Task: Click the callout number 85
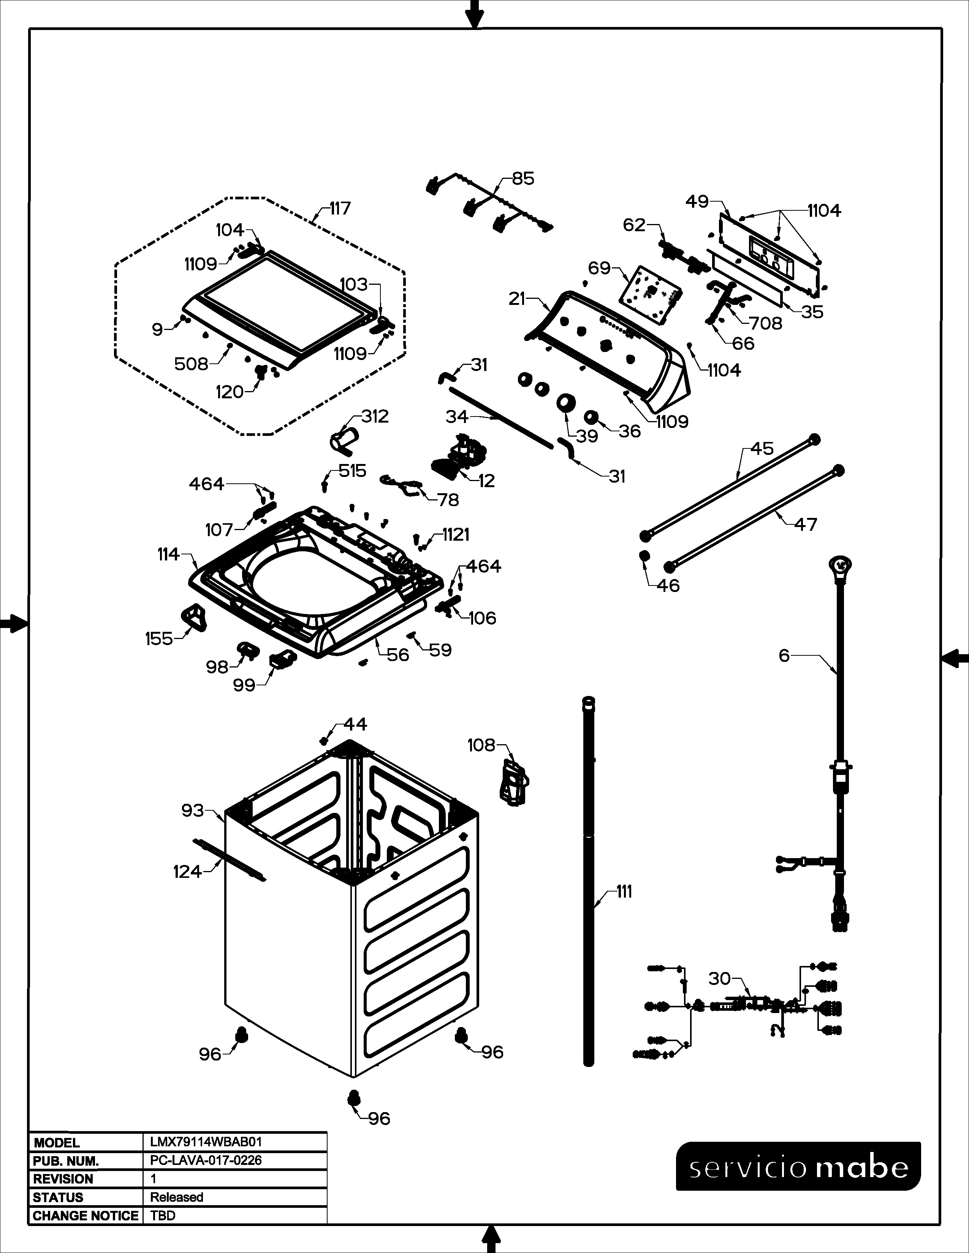pyautogui.click(x=523, y=178)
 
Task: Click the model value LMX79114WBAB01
pyautogui.click(x=206, y=1142)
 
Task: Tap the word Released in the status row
pyautogui.click(x=177, y=1197)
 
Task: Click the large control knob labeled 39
pyautogui.click(x=566, y=402)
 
